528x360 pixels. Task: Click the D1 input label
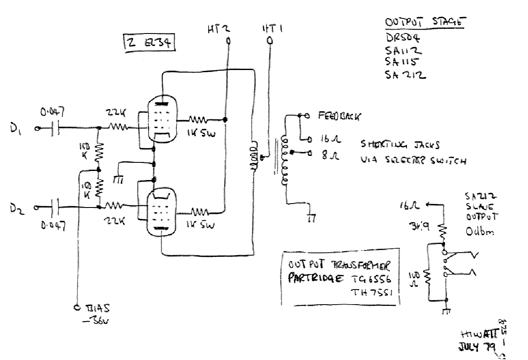[x=25, y=128]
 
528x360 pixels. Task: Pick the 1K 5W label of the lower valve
[x=200, y=225]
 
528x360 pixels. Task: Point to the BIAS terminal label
[x=98, y=308]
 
